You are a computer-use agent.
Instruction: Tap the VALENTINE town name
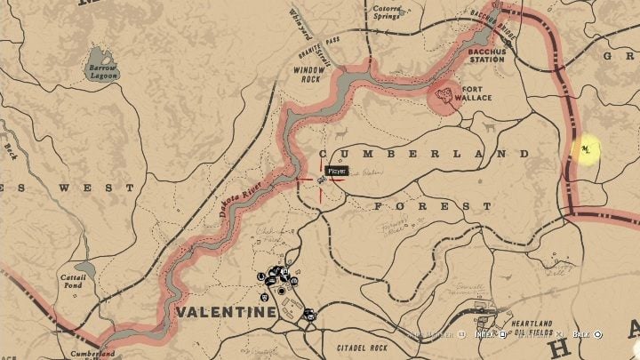pyautogui.click(x=226, y=312)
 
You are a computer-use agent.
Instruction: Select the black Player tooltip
pyautogui.click(x=337, y=171)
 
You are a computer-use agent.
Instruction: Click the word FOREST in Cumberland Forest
pyautogui.click(x=433, y=205)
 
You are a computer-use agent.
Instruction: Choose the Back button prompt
pyautogui.click(x=587, y=334)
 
